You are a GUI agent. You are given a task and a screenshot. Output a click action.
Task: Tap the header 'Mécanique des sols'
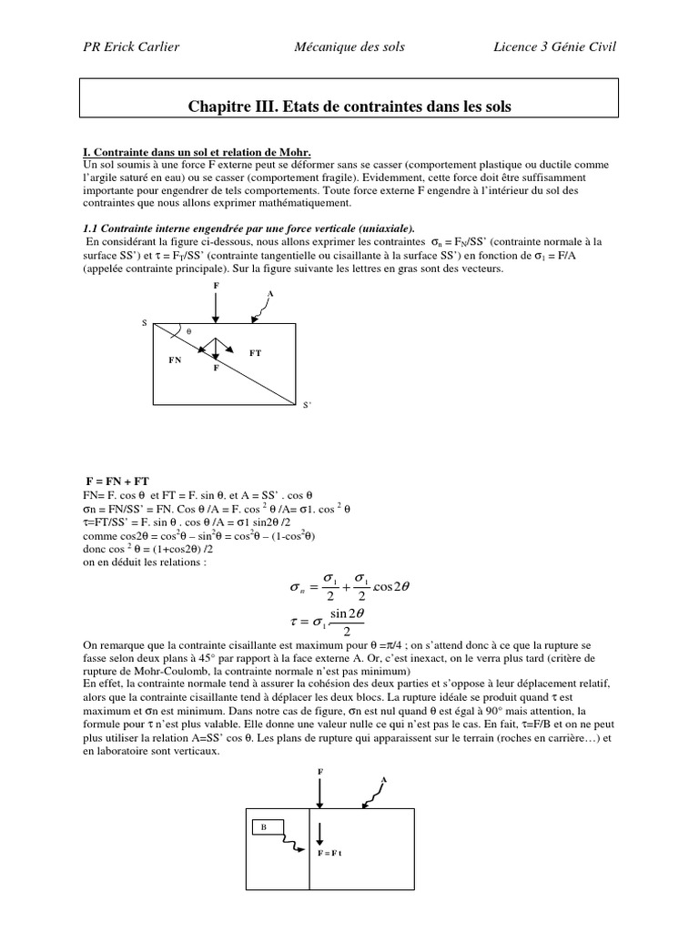pos(350,46)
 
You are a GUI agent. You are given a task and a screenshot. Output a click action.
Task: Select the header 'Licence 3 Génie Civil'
pos(552,46)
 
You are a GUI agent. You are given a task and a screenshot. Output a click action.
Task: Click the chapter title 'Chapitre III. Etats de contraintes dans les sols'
pos(349,107)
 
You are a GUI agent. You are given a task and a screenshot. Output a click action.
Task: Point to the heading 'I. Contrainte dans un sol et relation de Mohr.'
pos(197,151)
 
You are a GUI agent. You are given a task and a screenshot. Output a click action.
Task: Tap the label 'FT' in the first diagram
pos(255,351)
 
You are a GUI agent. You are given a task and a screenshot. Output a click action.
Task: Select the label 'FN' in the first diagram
pos(176,360)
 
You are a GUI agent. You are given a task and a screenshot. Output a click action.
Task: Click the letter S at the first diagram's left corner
pos(143,323)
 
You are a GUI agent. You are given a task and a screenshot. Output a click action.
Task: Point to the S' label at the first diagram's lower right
pos(307,407)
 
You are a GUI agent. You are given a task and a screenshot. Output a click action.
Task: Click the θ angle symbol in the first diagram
pos(188,331)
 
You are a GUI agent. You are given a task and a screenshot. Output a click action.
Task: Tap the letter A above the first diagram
pos(270,293)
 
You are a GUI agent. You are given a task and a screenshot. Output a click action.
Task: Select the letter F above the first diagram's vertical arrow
pos(216,286)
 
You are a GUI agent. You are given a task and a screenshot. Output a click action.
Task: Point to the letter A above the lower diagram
pos(383,780)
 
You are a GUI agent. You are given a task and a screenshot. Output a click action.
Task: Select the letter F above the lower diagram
pos(319,771)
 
